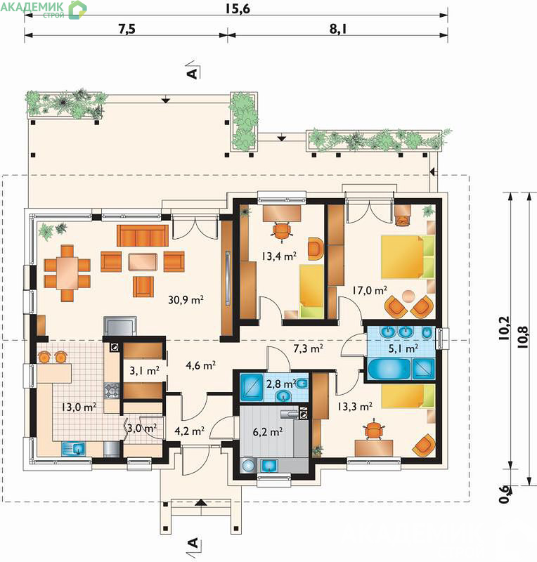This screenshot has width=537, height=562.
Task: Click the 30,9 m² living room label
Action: pyautogui.click(x=186, y=299)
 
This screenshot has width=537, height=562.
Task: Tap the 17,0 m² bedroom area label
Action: pyautogui.click(x=370, y=290)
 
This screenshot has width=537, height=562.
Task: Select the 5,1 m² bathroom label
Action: pyautogui.click(x=403, y=348)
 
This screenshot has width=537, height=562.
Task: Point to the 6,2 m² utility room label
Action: pyautogui.click(x=268, y=431)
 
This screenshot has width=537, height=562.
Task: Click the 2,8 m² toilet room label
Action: pyautogui.click(x=281, y=384)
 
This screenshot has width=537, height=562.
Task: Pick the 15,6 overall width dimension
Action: pyautogui.click(x=238, y=8)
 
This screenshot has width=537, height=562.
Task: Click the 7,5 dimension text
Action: pyautogui.click(x=127, y=29)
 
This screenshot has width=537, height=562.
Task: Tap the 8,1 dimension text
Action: pyautogui.click(x=338, y=29)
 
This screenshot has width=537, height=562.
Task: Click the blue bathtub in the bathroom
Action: pyautogui.click(x=389, y=369)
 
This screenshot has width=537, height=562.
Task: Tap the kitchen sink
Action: pyautogui.click(x=73, y=449)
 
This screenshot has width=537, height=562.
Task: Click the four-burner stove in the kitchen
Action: pyautogui.click(x=112, y=391)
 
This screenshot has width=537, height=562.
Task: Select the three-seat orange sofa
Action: pyautogui.click(x=143, y=236)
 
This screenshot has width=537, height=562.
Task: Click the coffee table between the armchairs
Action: pyautogui.click(x=143, y=262)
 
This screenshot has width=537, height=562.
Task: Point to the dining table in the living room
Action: pyautogui.click(x=67, y=273)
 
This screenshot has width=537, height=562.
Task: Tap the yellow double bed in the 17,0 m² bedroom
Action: pyautogui.click(x=408, y=256)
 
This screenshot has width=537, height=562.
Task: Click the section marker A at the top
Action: pyautogui.click(x=193, y=73)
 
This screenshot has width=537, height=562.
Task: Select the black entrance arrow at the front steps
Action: pyautogui.click(x=201, y=502)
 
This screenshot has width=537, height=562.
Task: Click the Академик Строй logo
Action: pyautogui.click(x=44, y=9)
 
